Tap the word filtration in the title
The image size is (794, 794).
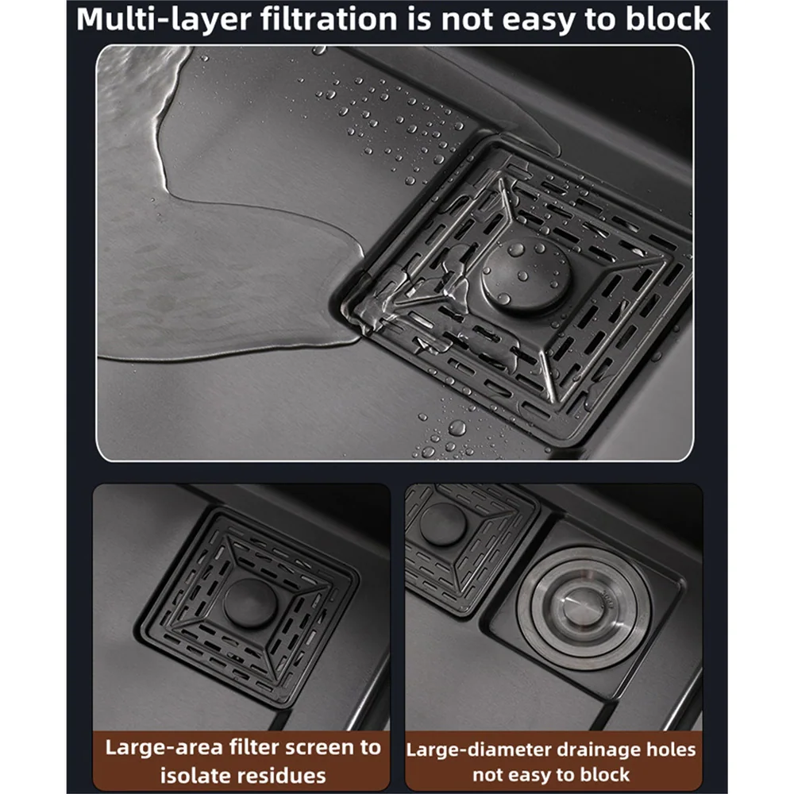[330, 19]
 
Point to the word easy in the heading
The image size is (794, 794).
[539, 21]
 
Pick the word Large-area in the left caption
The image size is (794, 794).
[163, 748]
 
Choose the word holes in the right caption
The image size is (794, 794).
[670, 750]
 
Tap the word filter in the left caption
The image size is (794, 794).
[254, 747]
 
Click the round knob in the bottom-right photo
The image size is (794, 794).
[442, 525]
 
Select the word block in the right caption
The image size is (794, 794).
[604, 775]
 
